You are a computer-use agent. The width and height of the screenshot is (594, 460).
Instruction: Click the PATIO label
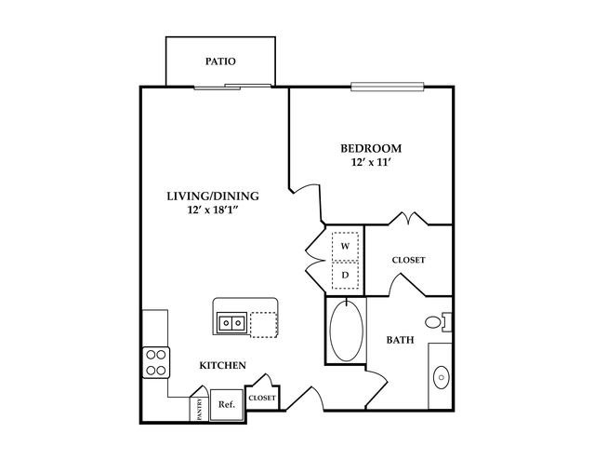coord(220,61)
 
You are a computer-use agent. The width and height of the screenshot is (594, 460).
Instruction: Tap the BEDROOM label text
coord(371,148)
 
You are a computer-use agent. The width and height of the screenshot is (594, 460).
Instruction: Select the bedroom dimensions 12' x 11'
coord(371,162)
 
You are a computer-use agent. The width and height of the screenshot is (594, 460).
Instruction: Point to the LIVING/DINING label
coord(213,196)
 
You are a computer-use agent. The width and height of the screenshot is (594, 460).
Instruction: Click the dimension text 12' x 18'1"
coord(213,210)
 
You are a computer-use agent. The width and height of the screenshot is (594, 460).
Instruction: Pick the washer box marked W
coord(345,247)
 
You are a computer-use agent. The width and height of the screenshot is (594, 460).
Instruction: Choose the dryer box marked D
coord(345,275)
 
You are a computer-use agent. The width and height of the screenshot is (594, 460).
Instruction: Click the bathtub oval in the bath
coord(346,331)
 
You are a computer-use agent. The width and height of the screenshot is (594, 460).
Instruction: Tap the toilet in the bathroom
coord(439,322)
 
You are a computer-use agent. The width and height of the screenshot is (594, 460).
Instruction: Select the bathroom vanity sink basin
coord(441,378)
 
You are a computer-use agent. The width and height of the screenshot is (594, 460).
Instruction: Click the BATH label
coord(400,340)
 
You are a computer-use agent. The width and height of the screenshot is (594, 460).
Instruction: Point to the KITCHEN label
coord(223,366)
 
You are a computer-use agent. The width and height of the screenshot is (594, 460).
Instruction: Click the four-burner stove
coord(156,362)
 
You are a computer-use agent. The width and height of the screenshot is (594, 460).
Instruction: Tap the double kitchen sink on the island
coord(231,323)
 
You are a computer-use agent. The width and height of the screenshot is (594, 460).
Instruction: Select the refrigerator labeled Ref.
coord(227,404)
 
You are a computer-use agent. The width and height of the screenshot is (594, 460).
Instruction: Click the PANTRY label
coord(199,409)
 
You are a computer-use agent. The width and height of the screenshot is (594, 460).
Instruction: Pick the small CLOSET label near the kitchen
coord(262,399)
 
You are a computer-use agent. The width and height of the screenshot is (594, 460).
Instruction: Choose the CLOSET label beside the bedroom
coord(408,261)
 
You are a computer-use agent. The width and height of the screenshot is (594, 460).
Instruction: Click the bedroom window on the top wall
coord(387,87)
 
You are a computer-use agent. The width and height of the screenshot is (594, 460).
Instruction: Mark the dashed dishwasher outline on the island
coord(264,324)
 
